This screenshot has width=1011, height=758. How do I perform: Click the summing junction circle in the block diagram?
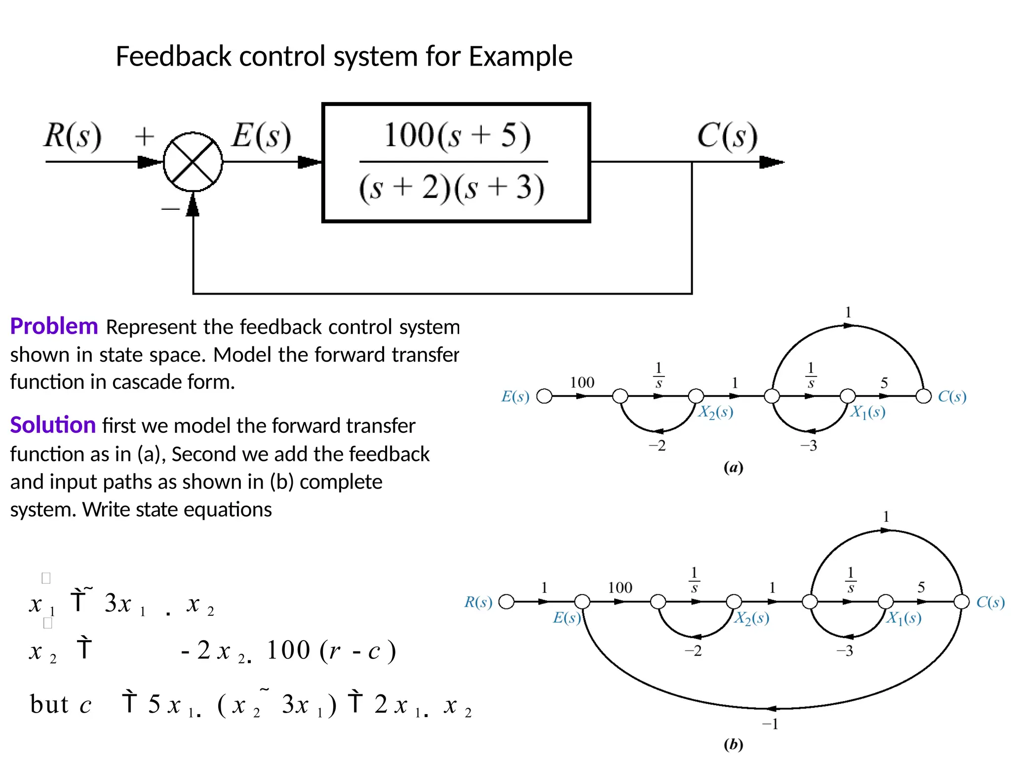click(193, 161)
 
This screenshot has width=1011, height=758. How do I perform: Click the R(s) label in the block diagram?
click(73, 136)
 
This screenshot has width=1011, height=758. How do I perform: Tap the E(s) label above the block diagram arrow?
click(262, 136)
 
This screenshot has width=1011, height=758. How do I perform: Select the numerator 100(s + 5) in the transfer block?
click(457, 135)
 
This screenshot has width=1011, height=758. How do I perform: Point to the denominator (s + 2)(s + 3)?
click(452, 188)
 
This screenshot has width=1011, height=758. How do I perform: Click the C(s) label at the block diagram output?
click(727, 136)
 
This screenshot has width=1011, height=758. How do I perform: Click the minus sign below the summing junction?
click(170, 209)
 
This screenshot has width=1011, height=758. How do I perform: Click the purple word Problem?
click(54, 326)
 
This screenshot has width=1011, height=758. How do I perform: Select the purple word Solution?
click(53, 425)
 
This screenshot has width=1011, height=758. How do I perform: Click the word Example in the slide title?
click(520, 56)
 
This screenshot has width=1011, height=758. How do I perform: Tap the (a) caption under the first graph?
click(733, 467)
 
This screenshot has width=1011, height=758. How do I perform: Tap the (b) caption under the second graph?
click(733, 744)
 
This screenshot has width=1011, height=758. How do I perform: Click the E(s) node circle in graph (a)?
click(544, 396)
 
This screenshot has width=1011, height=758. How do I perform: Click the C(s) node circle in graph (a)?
click(924, 396)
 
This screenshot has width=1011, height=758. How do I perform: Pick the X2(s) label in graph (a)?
click(715, 412)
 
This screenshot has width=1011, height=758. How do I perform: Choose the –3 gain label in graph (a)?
click(809, 446)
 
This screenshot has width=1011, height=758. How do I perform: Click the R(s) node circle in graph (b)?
click(506, 602)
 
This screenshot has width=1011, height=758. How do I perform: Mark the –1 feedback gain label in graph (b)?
click(770, 724)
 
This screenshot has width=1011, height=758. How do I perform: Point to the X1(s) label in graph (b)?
click(904, 618)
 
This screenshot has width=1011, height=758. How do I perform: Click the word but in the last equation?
click(49, 704)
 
